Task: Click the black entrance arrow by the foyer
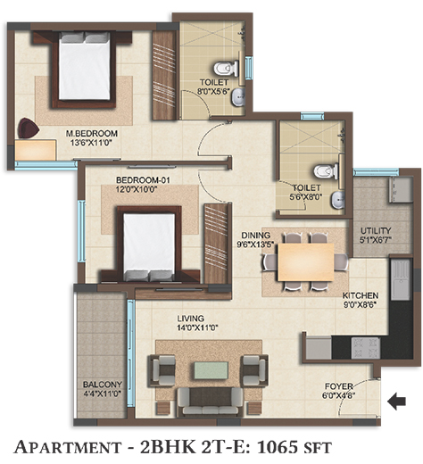click(x=396, y=402)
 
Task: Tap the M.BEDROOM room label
click(x=92, y=133)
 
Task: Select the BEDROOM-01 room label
click(x=143, y=180)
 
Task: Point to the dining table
click(x=306, y=262)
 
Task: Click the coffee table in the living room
click(x=211, y=370)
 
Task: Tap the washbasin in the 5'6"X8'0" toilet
click(x=337, y=200)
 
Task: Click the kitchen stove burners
click(x=365, y=348)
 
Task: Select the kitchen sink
click(x=401, y=280)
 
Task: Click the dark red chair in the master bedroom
click(x=29, y=128)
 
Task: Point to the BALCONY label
click(x=103, y=385)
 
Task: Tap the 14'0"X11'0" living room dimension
click(x=198, y=327)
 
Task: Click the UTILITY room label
click(x=376, y=230)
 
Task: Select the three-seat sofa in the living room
click(x=211, y=402)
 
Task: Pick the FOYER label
click(x=339, y=386)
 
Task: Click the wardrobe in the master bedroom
click(x=164, y=75)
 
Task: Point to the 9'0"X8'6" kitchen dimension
click(x=361, y=305)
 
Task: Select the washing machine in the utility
click(x=402, y=189)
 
